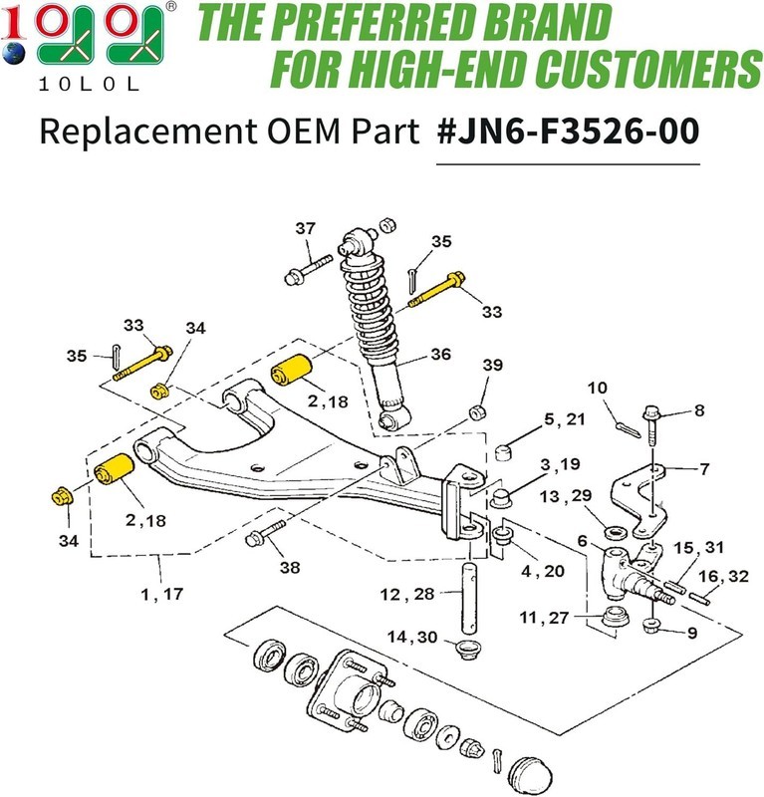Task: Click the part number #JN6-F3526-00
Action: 568,132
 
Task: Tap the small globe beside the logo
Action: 13,54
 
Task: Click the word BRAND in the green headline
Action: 547,24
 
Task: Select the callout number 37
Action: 305,228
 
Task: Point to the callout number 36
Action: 440,354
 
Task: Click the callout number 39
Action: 492,365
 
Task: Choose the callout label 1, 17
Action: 161,594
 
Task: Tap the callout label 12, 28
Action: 407,594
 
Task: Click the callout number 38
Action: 290,567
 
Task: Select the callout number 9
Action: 692,633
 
